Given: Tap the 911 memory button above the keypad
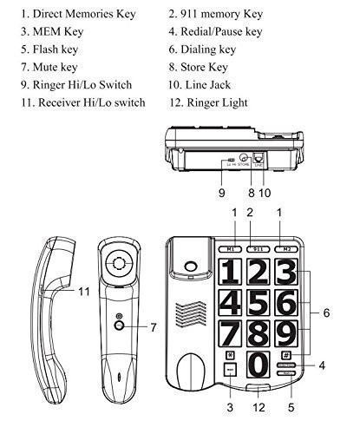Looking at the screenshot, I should point(254,247).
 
